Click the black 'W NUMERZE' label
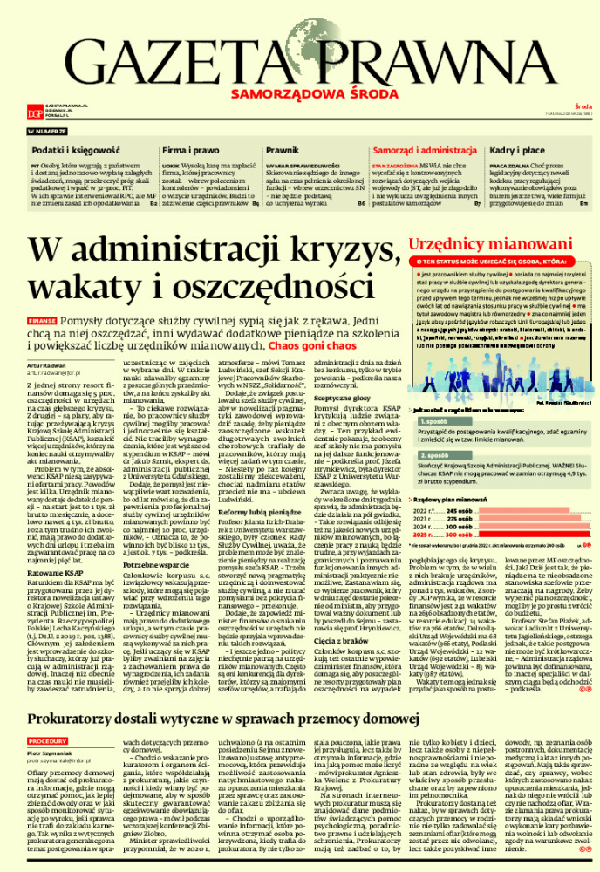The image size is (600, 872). [46, 130]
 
